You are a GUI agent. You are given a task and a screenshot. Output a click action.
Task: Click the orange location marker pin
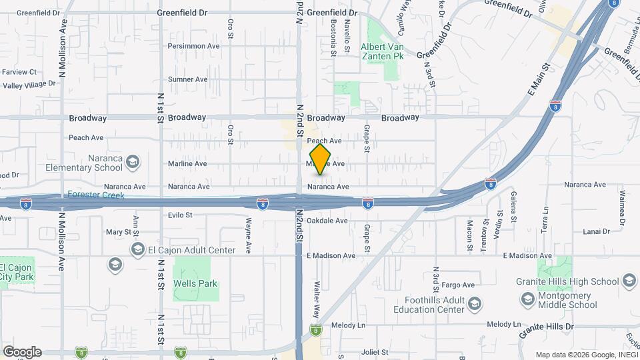[x=321, y=159]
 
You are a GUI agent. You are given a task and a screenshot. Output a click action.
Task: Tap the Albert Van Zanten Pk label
[x=382, y=52]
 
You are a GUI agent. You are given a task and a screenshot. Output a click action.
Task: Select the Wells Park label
[x=195, y=283]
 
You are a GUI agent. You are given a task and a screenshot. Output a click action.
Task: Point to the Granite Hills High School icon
[x=628, y=281]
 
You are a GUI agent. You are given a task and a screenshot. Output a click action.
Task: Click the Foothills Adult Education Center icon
[x=474, y=305]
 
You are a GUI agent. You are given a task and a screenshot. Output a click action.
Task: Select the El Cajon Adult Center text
[x=191, y=250]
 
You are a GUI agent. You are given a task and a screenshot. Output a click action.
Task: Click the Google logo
[x=21, y=352]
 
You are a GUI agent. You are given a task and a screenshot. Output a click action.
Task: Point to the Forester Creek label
[x=95, y=195]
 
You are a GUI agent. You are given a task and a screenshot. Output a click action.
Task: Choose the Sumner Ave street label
[x=187, y=79]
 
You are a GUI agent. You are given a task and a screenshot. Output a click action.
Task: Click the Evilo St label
[x=180, y=215]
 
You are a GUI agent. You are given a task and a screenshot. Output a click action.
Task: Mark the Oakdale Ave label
[x=327, y=221]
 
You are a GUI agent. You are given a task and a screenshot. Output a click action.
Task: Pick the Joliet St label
[x=375, y=351]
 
